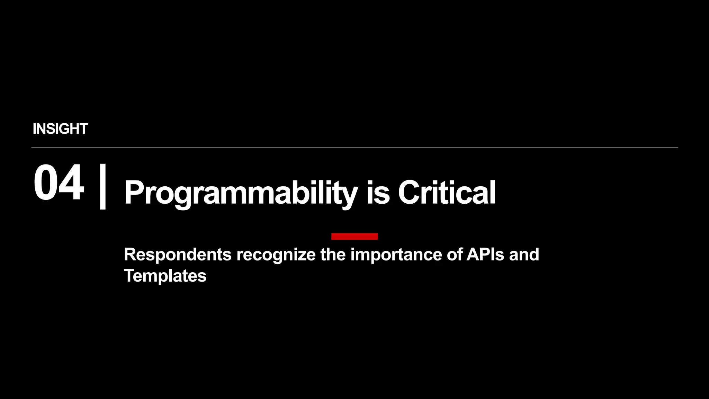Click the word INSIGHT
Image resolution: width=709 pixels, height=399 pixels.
point(60,129)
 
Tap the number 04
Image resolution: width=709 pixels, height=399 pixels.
point(59,183)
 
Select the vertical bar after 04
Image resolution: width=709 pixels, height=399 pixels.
point(102,187)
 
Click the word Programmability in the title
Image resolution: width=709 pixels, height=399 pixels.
point(241,193)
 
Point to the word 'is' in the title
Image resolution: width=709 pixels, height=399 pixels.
point(378,193)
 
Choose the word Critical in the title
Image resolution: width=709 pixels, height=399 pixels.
point(447,193)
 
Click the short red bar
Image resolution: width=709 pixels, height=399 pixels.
point(354,236)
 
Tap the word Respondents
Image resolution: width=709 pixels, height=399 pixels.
point(178,255)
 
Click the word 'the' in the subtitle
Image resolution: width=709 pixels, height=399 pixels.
point(333,255)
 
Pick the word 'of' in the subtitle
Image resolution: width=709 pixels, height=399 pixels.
point(454,255)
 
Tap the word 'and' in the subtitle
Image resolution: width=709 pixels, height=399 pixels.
point(524,255)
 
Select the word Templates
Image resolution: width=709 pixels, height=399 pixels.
point(165,276)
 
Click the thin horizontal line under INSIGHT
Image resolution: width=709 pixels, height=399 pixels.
point(354,148)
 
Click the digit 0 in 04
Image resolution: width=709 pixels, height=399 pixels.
point(46,183)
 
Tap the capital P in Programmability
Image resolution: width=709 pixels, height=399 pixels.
point(134,193)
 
